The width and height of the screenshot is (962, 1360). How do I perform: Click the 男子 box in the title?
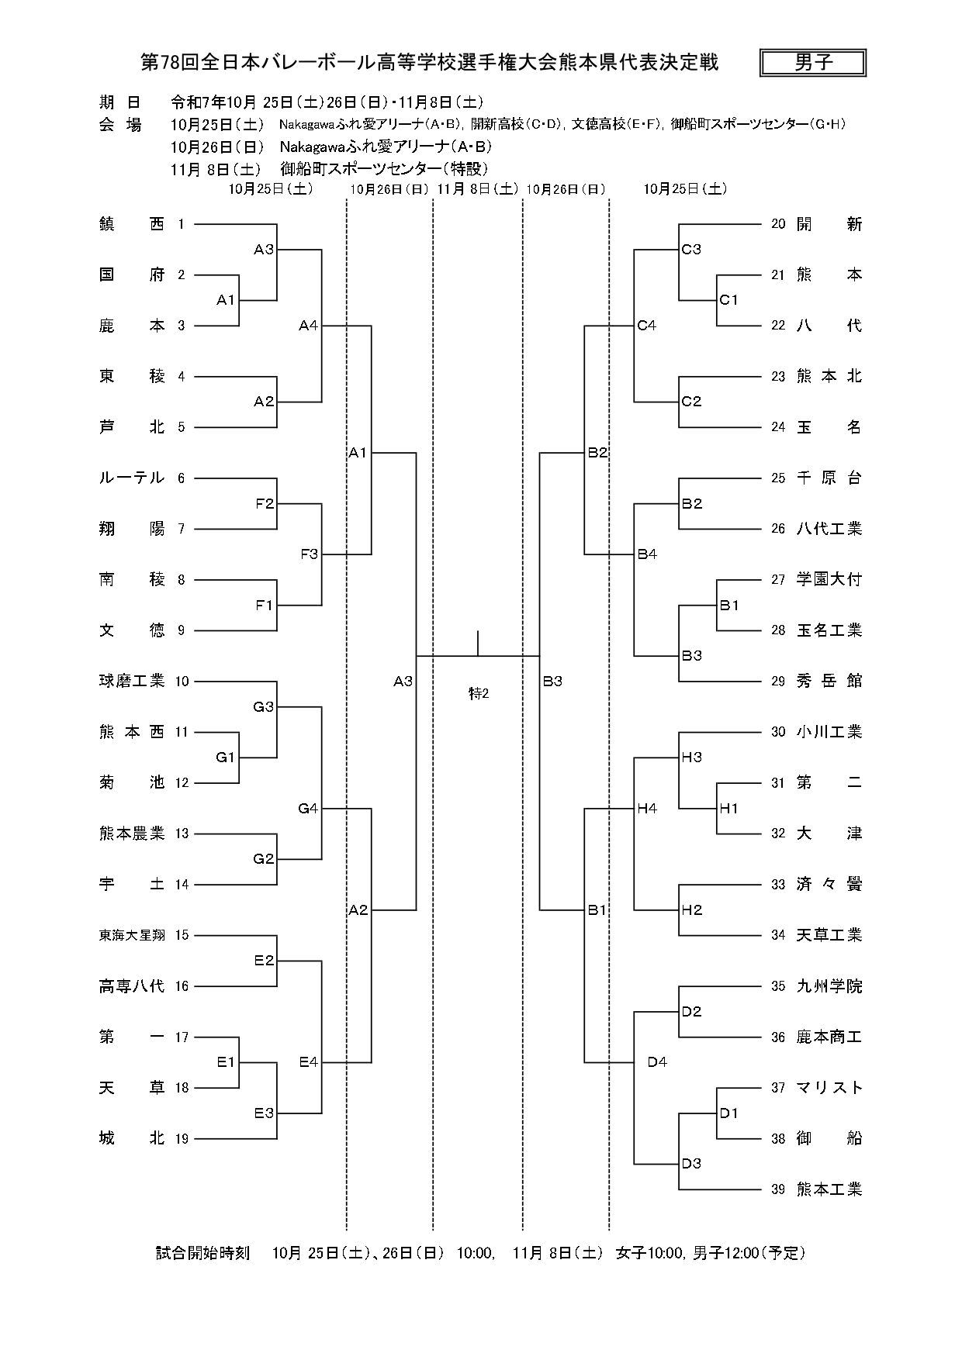[813, 63]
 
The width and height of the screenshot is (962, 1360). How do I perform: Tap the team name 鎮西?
[132, 224]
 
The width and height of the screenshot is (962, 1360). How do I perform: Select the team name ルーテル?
[132, 478]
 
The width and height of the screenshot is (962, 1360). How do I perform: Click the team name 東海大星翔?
[132, 935]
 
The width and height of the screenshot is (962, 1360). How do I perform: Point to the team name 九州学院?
[829, 986]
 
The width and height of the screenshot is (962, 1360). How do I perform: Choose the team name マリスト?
[829, 1088]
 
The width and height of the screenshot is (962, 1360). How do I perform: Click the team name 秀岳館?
[829, 682]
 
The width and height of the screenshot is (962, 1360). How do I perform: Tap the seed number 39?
[778, 1189]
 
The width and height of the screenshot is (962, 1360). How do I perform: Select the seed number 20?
[778, 224]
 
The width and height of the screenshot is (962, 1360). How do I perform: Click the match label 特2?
[479, 694]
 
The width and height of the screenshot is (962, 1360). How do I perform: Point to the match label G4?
[308, 809]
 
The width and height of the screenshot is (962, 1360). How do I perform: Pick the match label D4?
[657, 1062]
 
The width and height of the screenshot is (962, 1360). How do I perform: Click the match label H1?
[728, 809]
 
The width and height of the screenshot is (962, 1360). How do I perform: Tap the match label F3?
[309, 554]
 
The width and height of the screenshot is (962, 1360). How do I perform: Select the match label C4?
[646, 326]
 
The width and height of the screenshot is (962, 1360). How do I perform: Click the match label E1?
[226, 1062]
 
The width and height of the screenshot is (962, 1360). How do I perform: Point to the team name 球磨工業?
[132, 682]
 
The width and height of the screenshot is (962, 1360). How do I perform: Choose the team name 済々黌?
[829, 885]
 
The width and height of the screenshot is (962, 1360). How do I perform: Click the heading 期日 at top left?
[120, 102]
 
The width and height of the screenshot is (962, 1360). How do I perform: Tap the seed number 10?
[182, 682]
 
